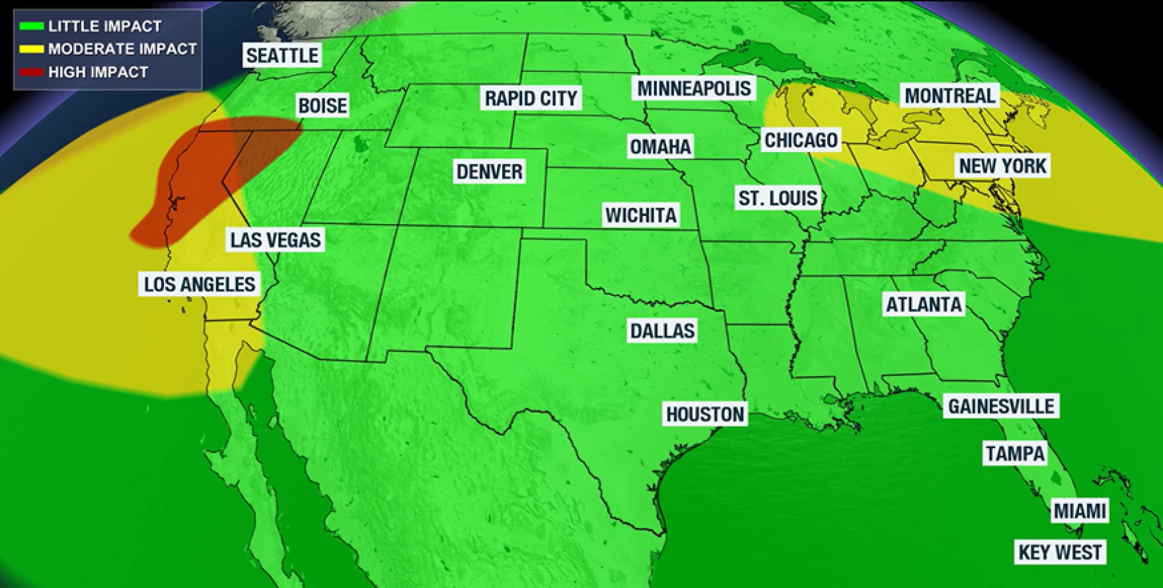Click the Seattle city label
[x=282, y=55]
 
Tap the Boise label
[x=322, y=106]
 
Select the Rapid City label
[x=531, y=98]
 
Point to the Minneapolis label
[x=694, y=89]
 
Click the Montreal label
[x=950, y=96]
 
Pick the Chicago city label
[x=801, y=140]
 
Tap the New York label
[x=1002, y=166]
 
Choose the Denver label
[x=489, y=172]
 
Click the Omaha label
[x=660, y=147]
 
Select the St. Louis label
[x=778, y=198]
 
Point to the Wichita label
[x=641, y=215]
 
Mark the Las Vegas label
[x=276, y=240]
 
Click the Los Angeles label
[x=200, y=284]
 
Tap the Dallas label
[x=662, y=331]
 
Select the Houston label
[x=705, y=414]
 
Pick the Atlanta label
[x=924, y=305]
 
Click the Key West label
[x=1060, y=552]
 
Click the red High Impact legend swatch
[x=31, y=72]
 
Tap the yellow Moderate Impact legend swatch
[x=31, y=49]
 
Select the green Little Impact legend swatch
[x=31, y=26]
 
